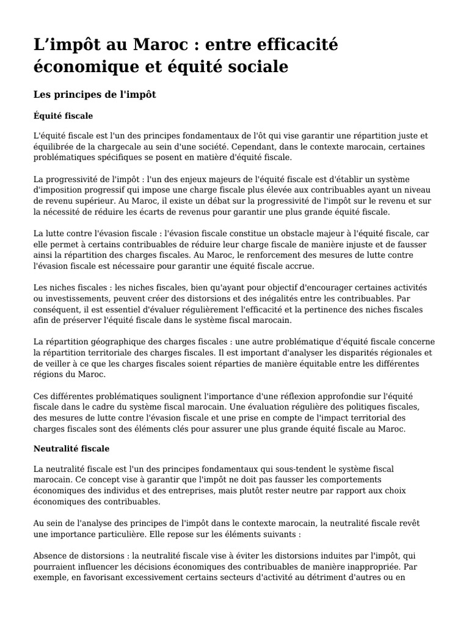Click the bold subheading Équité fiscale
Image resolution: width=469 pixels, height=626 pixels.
click(x=64, y=116)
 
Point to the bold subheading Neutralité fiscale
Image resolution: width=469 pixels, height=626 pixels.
click(x=71, y=449)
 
